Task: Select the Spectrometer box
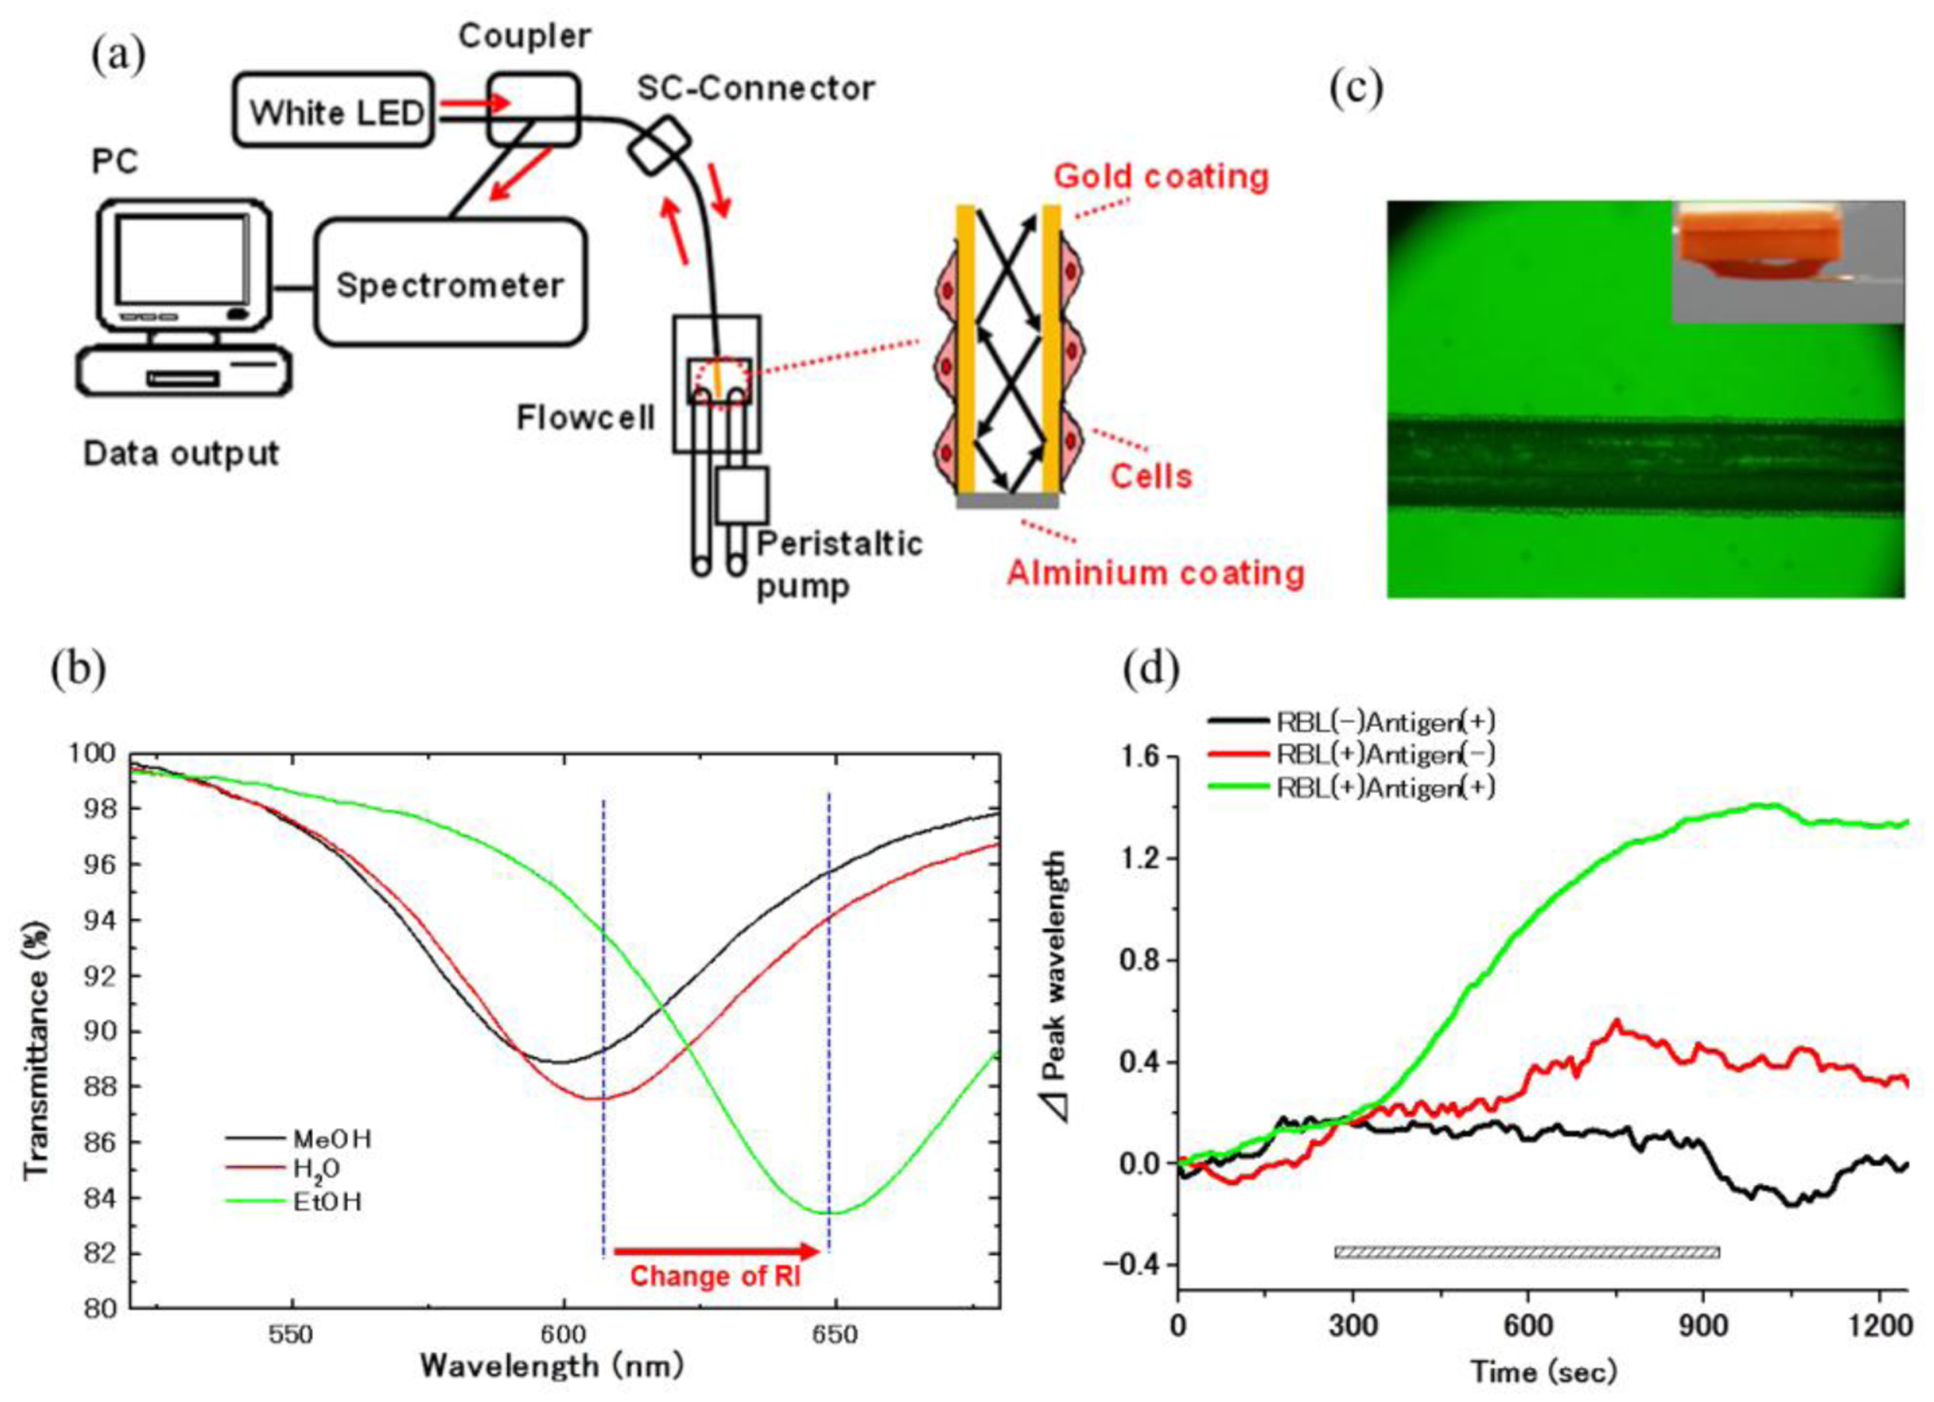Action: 449,284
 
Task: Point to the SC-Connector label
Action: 755,88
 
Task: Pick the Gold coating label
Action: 1161,177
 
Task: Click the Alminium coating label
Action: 1155,572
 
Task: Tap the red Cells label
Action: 1150,476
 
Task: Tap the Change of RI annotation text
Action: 715,1277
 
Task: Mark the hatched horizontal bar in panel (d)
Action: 1526,1252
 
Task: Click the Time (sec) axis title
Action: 1543,1372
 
